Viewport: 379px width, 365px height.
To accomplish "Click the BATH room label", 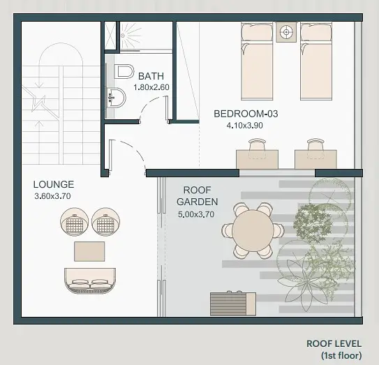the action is (x=151, y=76).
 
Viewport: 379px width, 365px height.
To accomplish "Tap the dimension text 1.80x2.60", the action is (x=151, y=87).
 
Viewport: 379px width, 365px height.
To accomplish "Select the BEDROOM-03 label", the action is (x=246, y=114).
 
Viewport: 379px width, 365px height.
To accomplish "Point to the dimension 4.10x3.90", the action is (x=244, y=126).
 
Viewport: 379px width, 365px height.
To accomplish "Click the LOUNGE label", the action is (x=54, y=184).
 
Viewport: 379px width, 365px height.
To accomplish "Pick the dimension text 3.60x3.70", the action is (x=52, y=196).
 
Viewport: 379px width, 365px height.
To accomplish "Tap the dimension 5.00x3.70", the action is (x=196, y=214).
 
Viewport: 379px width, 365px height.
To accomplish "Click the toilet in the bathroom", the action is (x=124, y=72).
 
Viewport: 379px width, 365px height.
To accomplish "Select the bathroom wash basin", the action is (x=117, y=98).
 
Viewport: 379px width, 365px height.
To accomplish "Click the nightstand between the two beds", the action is (x=286, y=32).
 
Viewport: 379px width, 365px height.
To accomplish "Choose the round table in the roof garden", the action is (x=253, y=230).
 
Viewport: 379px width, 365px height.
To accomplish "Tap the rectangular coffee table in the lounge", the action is (x=89, y=251).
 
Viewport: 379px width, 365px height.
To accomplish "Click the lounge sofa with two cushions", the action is (x=90, y=281).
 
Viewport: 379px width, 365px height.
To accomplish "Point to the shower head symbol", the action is (x=123, y=36).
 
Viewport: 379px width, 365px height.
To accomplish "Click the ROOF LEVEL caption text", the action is (x=334, y=343).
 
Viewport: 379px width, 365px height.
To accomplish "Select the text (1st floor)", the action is (x=341, y=355).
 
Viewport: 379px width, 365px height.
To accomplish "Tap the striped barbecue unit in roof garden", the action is (x=233, y=304).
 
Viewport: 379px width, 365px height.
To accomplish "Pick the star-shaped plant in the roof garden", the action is (x=302, y=283).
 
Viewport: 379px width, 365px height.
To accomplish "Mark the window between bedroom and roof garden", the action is (x=277, y=173).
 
